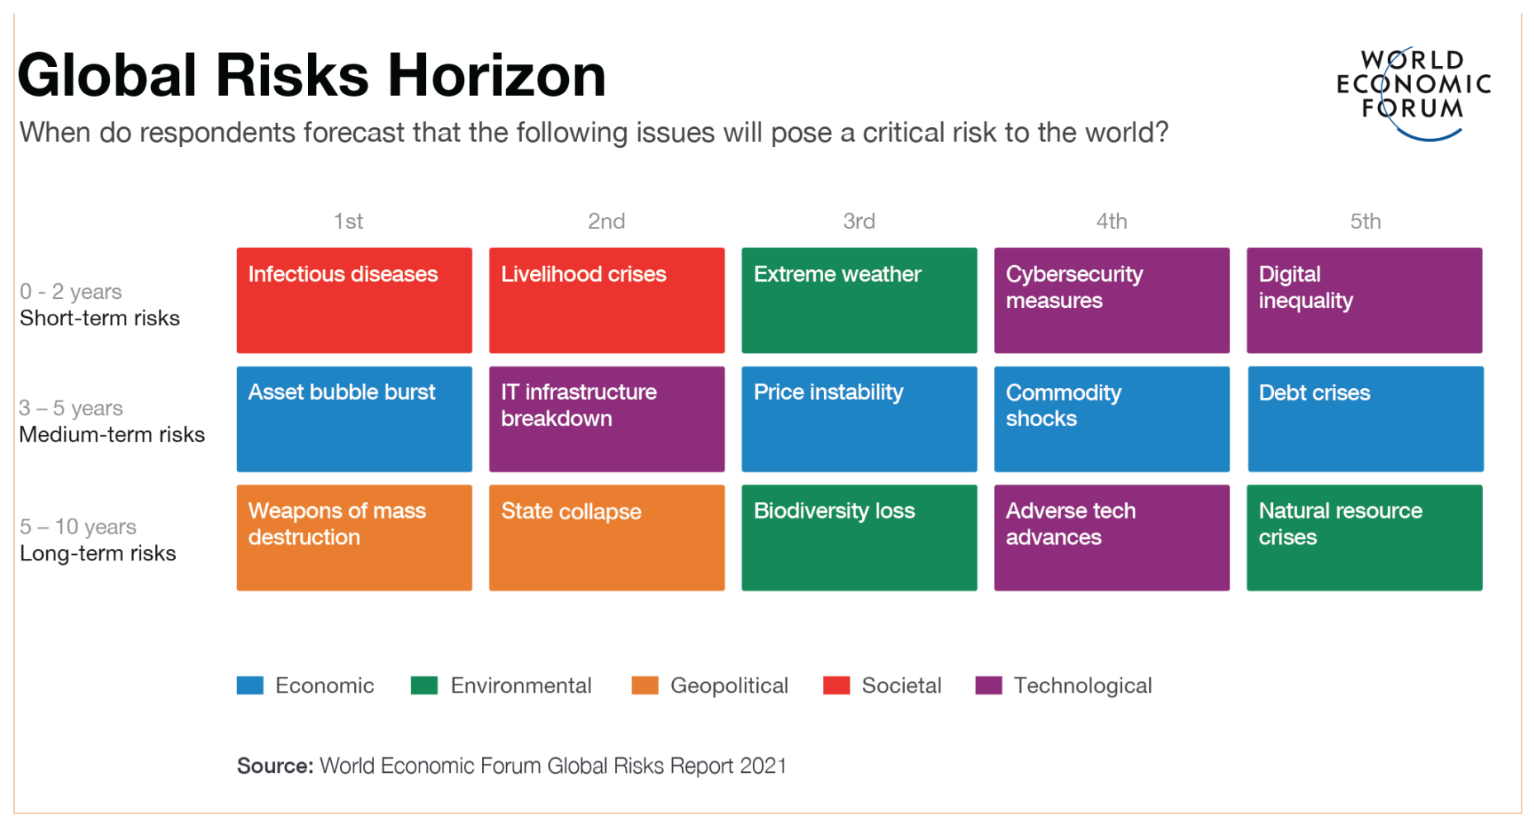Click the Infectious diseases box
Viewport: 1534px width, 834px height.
[x=354, y=301]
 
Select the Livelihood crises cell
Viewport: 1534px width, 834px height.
[x=607, y=301]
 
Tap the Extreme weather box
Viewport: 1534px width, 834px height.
[x=859, y=301]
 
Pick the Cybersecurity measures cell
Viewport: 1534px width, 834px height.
[x=1112, y=301]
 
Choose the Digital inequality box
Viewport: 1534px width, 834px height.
[x=1365, y=301]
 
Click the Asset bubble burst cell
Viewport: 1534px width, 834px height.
[x=354, y=419]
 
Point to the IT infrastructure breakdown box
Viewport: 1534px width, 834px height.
[x=607, y=419]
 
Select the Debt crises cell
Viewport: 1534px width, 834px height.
[x=1366, y=419]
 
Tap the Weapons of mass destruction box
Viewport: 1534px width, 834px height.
[x=354, y=538]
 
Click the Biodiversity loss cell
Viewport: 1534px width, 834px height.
[x=859, y=538]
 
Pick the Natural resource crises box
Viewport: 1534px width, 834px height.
[x=1365, y=538]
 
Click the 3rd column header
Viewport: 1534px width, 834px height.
[x=859, y=221]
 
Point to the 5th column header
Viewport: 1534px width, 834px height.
[x=1366, y=221]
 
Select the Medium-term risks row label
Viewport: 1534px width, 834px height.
[x=112, y=434]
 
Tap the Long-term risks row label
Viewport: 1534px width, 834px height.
[x=98, y=553]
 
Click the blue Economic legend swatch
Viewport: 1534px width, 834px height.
[x=250, y=685]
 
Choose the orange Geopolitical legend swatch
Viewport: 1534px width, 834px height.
[x=645, y=685]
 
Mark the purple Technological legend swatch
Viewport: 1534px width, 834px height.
[x=988, y=685]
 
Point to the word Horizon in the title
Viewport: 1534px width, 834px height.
[x=497, y=75]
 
